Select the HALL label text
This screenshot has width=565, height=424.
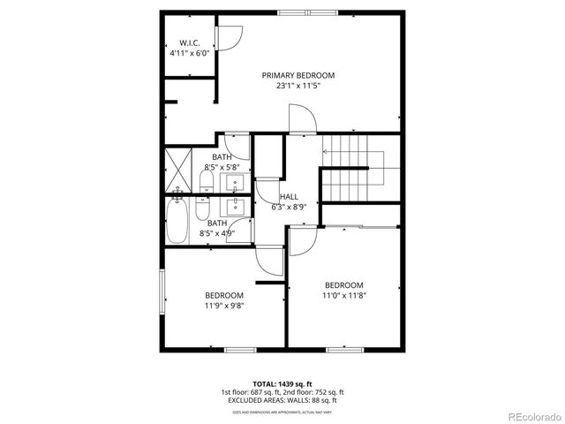click(289, 197)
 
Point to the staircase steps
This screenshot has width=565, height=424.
click(351, 168)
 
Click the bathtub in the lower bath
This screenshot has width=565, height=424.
click(177, 221)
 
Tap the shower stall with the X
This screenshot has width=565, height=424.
click(177, 170)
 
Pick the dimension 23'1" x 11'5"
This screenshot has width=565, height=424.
click(298, 87)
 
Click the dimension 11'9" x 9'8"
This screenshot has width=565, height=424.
click(224, 306)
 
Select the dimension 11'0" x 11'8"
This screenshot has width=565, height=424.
click(343, 296)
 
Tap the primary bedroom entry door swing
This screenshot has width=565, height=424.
click(300, 119)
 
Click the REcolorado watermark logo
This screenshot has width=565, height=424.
click(529, 416)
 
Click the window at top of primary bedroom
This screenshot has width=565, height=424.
click(300, 12)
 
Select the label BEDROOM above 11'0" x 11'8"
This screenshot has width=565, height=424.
click(343, 285)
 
